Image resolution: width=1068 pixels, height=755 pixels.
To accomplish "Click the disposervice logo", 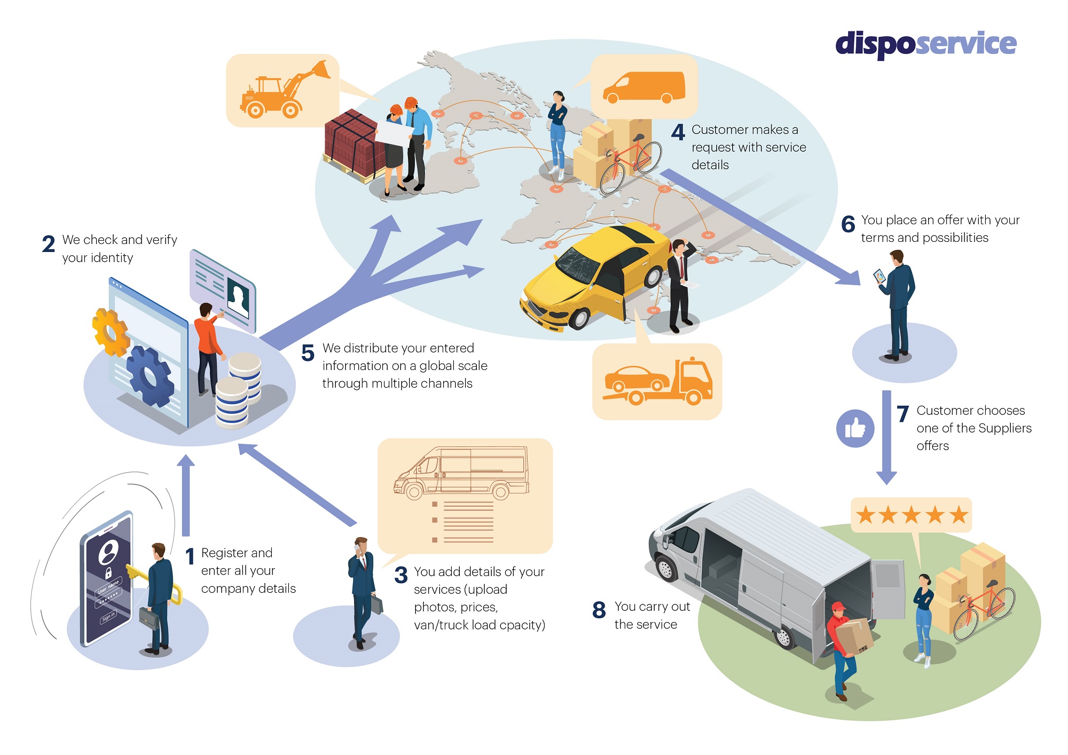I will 925,44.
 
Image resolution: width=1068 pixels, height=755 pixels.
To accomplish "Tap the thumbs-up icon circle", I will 855,428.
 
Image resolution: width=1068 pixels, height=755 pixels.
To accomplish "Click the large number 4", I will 678,132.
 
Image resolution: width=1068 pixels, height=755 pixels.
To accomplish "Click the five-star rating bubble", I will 911,515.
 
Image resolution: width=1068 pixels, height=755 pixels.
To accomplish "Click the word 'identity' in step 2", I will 112,258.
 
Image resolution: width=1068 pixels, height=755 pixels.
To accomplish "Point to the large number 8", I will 599,610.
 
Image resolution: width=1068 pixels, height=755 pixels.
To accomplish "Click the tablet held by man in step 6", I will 879,276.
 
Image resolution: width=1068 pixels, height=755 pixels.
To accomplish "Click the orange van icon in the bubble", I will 644,86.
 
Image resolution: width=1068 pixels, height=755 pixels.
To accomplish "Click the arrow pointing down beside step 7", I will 886,438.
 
